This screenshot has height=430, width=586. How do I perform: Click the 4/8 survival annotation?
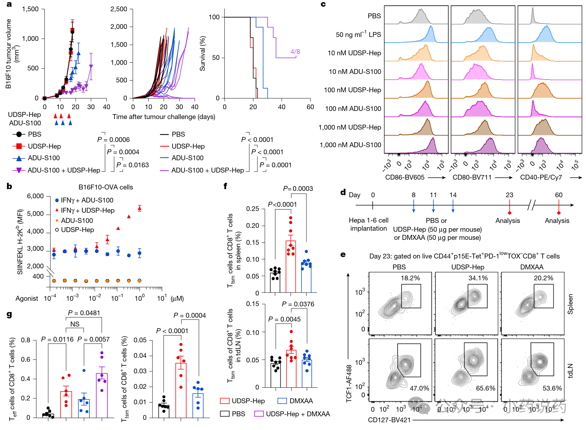(295, 52)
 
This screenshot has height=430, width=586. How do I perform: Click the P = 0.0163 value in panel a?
(133, 165)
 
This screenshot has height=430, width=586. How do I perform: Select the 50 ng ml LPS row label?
(358, 35)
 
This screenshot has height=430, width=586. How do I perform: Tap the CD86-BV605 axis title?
(405, 177)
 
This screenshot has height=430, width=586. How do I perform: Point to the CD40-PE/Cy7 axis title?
(541, 177)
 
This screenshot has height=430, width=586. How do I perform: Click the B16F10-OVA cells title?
(106, 187)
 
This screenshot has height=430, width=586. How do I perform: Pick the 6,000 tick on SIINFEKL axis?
(35, 196)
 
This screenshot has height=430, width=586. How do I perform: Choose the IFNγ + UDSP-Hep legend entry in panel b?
(87, 210)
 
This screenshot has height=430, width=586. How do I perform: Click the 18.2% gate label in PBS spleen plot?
(410, 278)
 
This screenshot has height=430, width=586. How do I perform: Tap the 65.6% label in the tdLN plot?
(486, 388)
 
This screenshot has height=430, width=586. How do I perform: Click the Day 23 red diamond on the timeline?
(510, 213)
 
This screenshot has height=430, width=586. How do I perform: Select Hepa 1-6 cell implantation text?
(368, 224)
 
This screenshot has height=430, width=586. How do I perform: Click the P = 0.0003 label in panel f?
(298, 189)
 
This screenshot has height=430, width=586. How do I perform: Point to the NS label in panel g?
(75, 324)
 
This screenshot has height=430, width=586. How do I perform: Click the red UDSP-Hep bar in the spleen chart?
(291, 266)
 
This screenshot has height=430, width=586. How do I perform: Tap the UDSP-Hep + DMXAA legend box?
(259, 414)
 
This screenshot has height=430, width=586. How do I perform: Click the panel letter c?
(323, 4)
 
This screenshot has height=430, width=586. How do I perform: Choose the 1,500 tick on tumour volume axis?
(30, 9)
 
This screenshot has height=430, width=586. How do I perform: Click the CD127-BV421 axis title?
(389, 420)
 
